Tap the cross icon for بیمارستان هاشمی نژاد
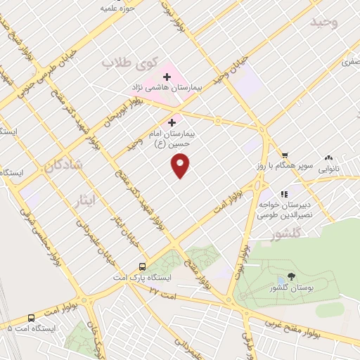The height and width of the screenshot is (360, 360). [167, 77]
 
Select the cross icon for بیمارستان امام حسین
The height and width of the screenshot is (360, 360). [172, 122]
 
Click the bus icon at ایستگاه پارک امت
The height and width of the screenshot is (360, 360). [143, 267]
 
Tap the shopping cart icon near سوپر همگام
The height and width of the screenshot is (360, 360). [285, 155]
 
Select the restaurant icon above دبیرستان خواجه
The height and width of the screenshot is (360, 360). [285, 193]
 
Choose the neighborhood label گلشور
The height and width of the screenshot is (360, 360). [285, 232]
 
